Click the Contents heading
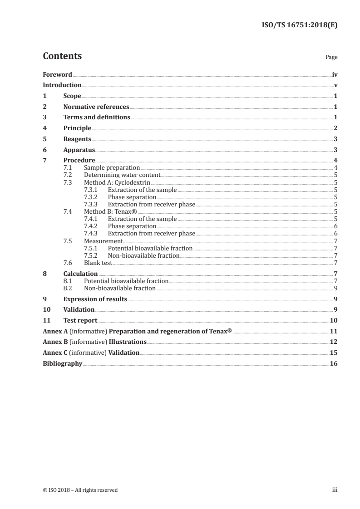pyautogui.click(x=62, y=56)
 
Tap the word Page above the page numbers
pyautogui.click(x=331, y=58)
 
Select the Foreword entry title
pyautogui.click(x=57, y=74)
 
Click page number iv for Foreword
pyautogui.click(x=335, y=74)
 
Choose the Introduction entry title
pyautogui.click(x=62, y=85)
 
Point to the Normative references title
pyautogui.click(x=96, y=107)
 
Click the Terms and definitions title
pyautogui.click(x=97, y=117)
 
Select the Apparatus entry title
pyautogui.click(x=79, y=150)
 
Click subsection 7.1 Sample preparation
pyautogui.click(x=112, y=168)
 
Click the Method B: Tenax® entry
pyautogui.click(x=111, y=211)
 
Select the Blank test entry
pyautogui.click(x=98, y=263)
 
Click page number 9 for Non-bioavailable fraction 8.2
pyautogui.click(x=335, y=289)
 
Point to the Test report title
pyautogui.click(x=80, y=320)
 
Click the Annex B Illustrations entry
pyautogui.click(x=94, y=342)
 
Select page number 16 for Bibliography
pyautogui.click(x=334, y=363)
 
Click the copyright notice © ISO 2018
pyautogui.click(x=80, y=490)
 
